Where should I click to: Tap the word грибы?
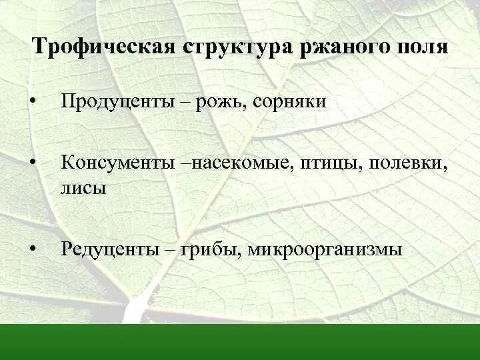pyautogui.click(x=211, y=250)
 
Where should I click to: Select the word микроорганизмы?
pyautogui.click(x=325, y=250)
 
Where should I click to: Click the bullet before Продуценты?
pyautogui.click(x=31, y=102)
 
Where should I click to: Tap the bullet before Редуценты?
pyautogui.click(x=31, y=251)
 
